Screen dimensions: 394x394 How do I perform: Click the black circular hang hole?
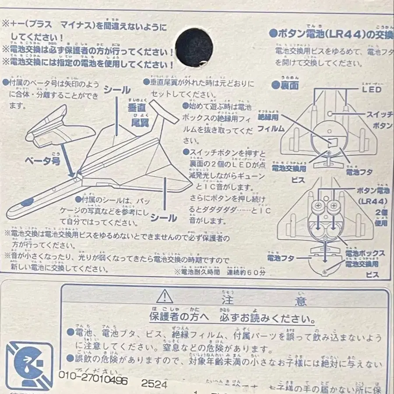[x=194, y=47]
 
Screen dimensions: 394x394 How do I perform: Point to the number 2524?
[x=154, y=383]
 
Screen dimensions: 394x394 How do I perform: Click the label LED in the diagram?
[x=371, y=90]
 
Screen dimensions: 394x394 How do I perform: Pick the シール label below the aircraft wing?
[x=163, y=217]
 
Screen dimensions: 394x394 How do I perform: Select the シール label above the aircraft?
[x=117, y=90]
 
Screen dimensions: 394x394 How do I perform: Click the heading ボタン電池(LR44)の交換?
[x=331, y=34]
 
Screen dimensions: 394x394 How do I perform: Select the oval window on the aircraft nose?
[x=27, y=202]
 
